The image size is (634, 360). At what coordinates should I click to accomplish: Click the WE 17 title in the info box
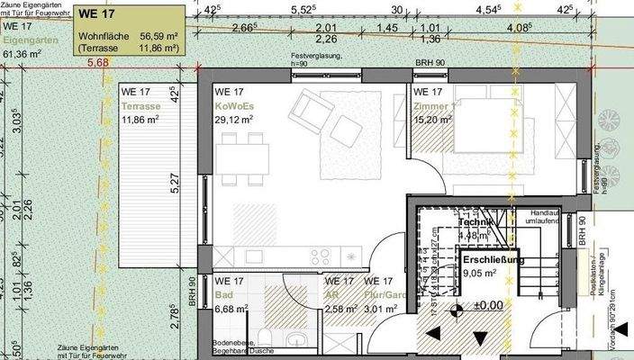point(97,14)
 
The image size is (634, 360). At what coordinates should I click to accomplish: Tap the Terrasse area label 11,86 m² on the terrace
point(140,119)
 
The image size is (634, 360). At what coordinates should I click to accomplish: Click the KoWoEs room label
point(234,105)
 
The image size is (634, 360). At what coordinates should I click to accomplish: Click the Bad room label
point(224,296)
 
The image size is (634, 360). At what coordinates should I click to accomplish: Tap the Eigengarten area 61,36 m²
point(22,53)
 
